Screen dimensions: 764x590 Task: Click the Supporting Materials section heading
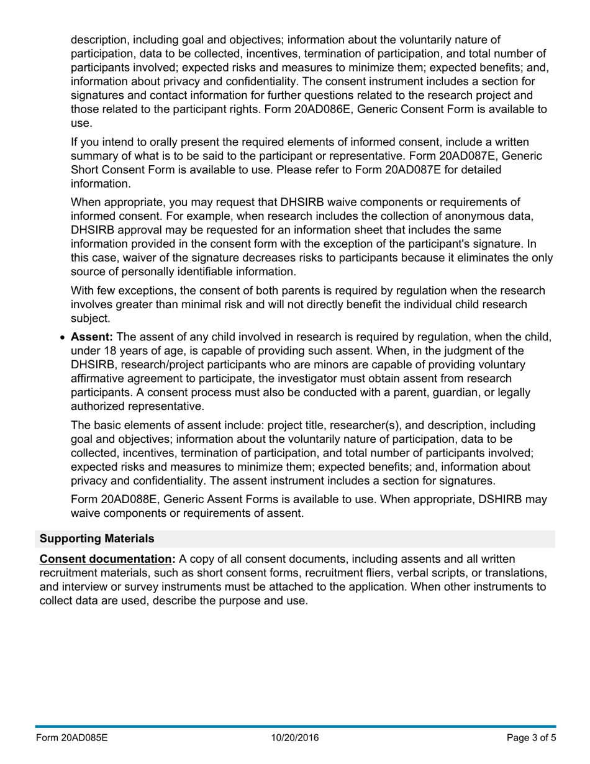97,539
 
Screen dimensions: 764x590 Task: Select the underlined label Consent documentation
107,559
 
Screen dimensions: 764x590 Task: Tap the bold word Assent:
92,337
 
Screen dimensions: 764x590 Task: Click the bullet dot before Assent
63,338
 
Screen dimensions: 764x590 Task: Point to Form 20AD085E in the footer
71,738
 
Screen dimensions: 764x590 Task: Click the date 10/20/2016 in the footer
294,738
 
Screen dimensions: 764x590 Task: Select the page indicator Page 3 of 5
531,738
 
